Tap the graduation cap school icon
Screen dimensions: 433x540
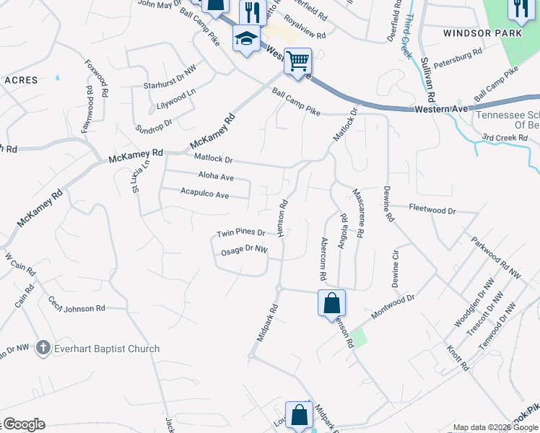[246, 38]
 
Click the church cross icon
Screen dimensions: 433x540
[43, 349]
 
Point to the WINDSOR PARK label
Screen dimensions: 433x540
[477, 33]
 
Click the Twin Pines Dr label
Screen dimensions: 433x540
[241, 233]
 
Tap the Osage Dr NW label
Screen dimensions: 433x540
[244, 250]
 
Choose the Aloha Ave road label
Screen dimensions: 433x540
[217, 176]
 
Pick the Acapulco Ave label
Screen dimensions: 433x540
[204, 195]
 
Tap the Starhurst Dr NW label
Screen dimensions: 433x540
[170, 77]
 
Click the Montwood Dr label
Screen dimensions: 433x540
[393, 306]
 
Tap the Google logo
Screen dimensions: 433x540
[23, 424]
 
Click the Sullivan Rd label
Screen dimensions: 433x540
[429, 79]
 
